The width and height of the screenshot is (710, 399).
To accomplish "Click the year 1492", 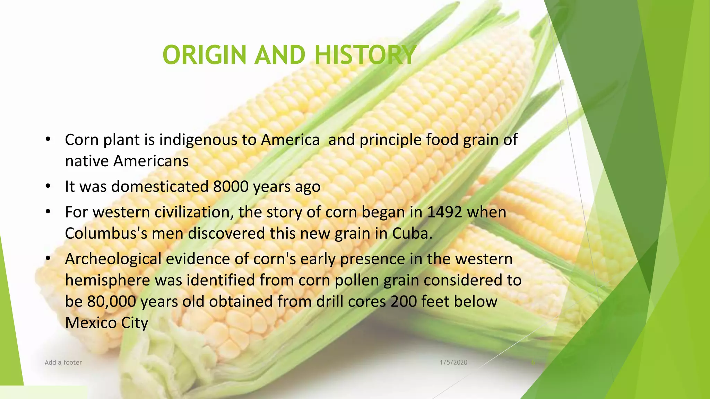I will click(444, 212).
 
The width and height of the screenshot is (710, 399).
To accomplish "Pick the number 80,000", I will click(112, 301).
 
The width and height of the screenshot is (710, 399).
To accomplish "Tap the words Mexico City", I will click(106, 323).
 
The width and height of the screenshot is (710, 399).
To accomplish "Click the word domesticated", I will click(160, 187).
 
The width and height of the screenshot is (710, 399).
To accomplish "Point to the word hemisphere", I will click(107, 280).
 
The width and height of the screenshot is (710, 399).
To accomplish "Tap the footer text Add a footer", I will click(63, 363).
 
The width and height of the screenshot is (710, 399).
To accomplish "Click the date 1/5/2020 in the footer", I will click(453, 363).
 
